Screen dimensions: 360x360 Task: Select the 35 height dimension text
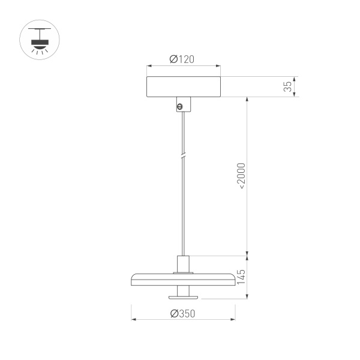point(288,86)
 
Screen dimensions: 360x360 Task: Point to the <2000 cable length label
point(241,175)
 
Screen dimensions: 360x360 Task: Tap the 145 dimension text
point(241,277)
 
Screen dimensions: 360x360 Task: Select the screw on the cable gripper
point(179,106)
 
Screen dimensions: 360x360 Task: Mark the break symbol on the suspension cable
point(184,156)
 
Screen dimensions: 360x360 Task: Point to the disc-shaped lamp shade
point(183,278)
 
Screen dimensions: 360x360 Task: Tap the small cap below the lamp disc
point(183,293)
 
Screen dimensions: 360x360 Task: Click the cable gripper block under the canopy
point(183,104)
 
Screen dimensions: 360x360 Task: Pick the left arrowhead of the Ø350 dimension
point(133,319)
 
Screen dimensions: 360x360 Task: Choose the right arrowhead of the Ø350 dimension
point(233,319)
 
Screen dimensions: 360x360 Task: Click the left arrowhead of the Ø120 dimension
point(149,65)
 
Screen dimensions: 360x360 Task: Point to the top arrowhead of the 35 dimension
point(294,78)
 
